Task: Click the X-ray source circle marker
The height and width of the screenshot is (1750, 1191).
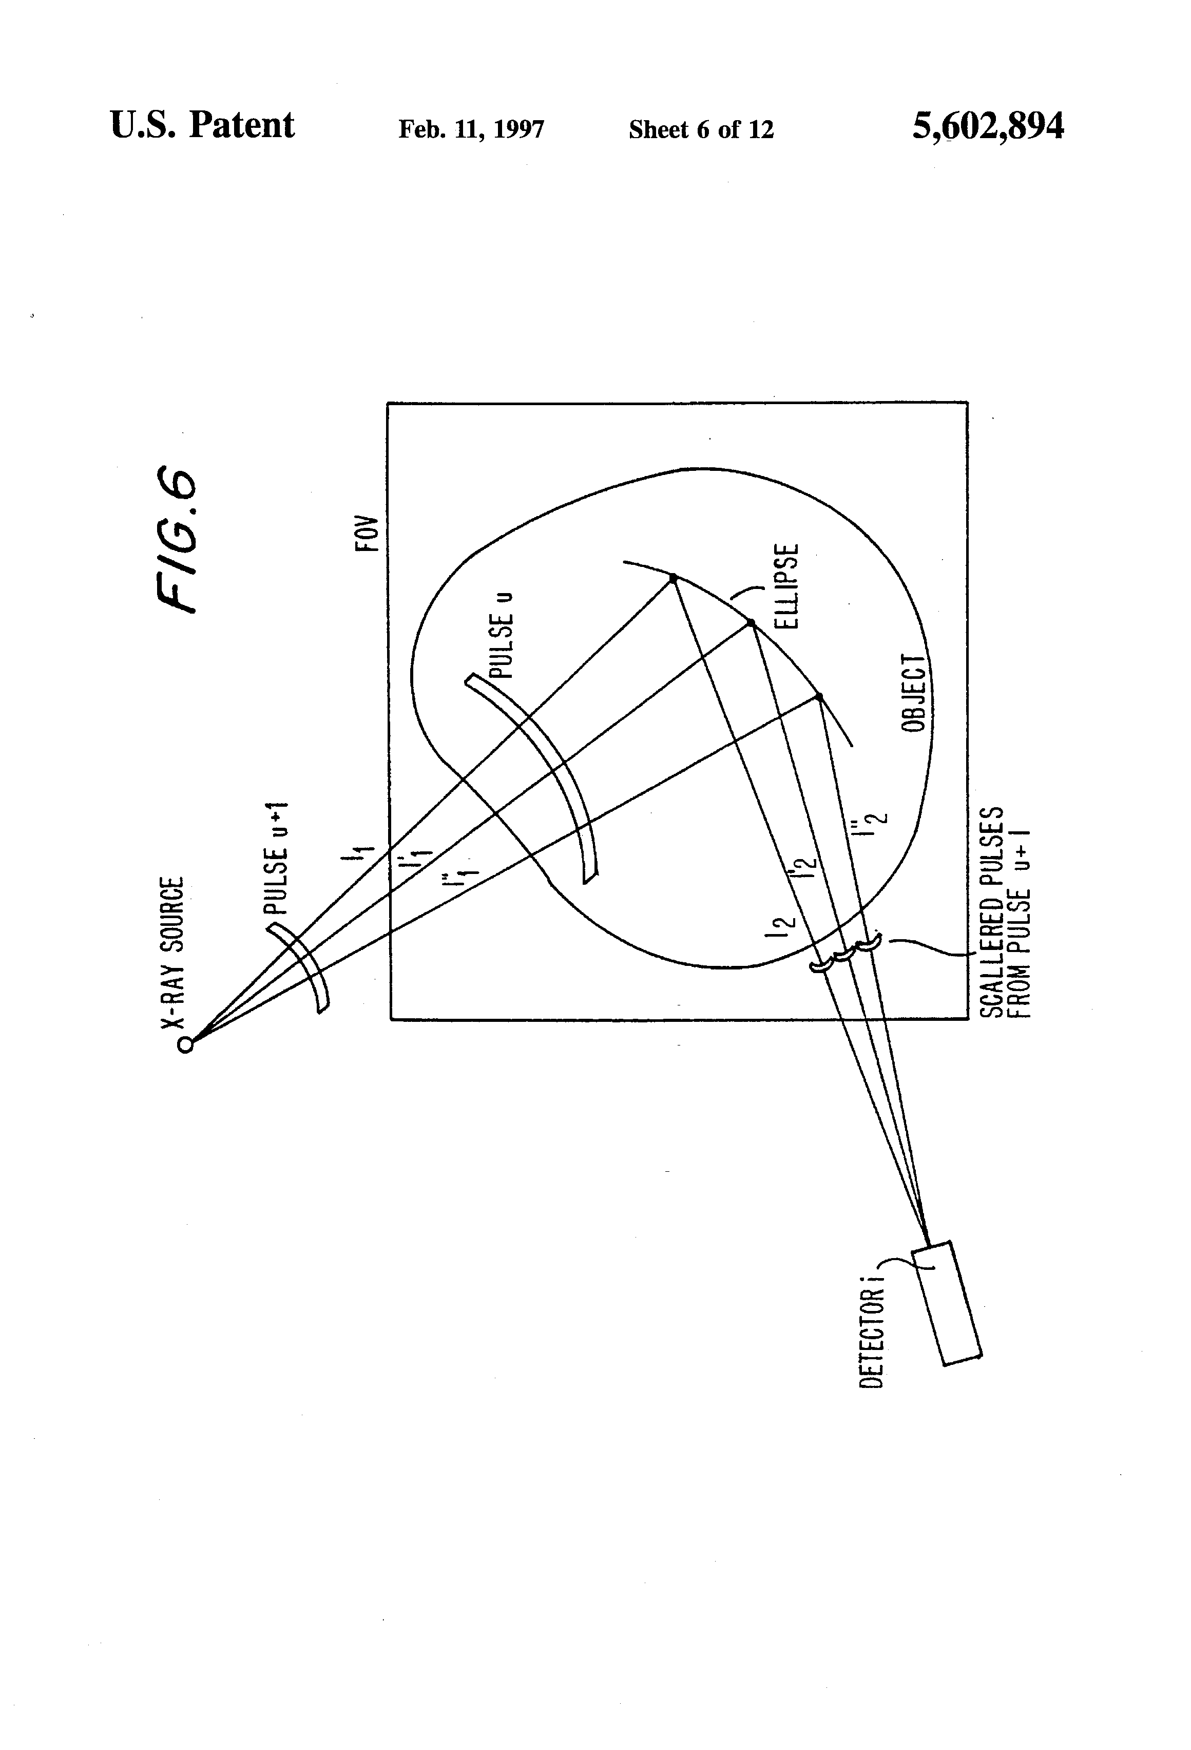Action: click(185, 1044)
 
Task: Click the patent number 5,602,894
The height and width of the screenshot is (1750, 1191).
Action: click(988, 126)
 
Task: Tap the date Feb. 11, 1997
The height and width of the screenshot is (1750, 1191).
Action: click(471, 129)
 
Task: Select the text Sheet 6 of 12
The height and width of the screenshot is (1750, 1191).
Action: click(701, 129)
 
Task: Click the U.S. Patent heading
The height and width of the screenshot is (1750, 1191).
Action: click(202, 125)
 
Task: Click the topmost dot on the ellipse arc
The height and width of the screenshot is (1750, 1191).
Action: click(673, 578)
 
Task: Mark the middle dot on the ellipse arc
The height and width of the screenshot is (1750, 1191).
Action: click(750, 623)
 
